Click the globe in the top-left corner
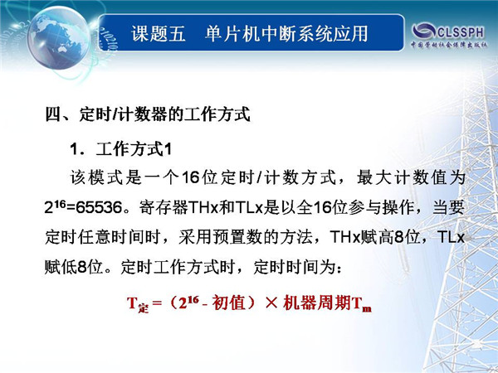coord(58,38)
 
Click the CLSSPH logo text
coord(460,32)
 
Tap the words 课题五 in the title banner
coord(159,34)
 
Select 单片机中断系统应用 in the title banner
coord(286,34)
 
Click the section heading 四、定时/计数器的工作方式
coord(148,114)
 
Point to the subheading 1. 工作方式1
coord(120,148)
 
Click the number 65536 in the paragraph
coord(99,208)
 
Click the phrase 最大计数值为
coord(411,177)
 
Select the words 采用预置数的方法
coord(245,237)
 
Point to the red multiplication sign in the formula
coord(271,303)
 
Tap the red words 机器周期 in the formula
coord(317,303)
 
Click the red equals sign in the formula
coord(157,303)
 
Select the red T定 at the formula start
coord(138,304)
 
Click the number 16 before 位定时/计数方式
coord(191,177)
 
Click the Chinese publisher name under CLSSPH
coord(448,45)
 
